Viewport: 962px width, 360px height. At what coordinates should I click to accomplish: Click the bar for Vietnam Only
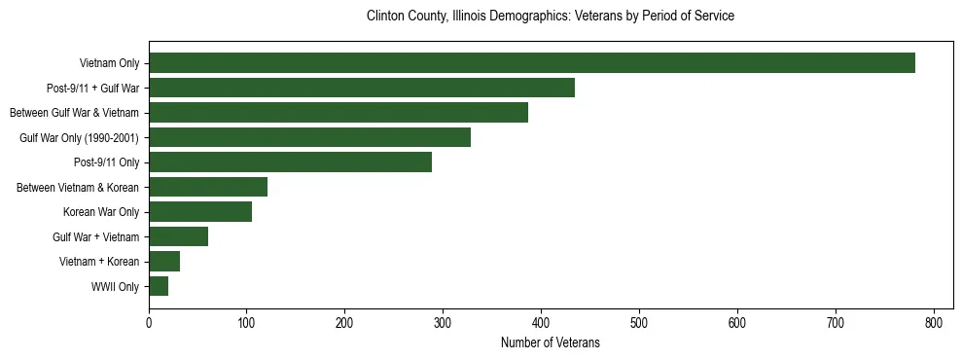tap(532, 63)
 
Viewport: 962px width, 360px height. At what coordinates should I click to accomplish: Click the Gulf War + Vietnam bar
tap(178, 236)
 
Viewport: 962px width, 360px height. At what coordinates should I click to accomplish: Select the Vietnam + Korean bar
tap(164, 262)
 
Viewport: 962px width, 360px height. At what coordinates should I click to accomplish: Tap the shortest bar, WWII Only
tap(159, 286)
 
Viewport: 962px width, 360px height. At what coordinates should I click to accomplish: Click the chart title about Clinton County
tap(550, 17)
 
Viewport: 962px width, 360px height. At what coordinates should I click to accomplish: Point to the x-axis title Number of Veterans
tap(550, 342)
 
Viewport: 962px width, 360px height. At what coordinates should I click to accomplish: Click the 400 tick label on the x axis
tap(541, 322)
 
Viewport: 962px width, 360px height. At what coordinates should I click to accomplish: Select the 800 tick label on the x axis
tap(934, 322)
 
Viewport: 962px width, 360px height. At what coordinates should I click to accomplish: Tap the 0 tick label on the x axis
tap(149, 322)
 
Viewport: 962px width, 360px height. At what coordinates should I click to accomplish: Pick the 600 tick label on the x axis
tap(737, 322)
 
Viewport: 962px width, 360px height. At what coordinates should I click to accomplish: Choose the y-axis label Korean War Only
tap(101, 212)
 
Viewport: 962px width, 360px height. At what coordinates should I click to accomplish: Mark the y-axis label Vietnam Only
tap(109, 64)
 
